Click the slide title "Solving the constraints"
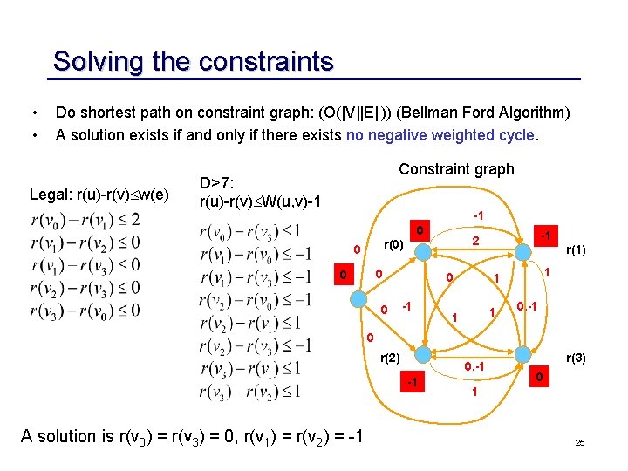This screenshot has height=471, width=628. coord(193,62)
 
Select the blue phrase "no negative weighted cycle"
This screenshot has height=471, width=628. coord(441,135)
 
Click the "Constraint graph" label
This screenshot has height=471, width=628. coord(456,169)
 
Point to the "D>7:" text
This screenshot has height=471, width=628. coord(218,184)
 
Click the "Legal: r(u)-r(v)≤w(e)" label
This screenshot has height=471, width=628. coord(99,194)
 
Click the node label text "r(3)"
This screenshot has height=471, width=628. coord(577,358)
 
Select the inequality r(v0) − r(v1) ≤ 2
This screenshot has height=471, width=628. coord(85,219)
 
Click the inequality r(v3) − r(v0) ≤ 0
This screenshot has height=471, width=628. coord(85,311)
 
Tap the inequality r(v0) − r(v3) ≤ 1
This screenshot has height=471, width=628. coord(250,231)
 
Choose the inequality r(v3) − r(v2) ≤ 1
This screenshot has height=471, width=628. coord(250,390)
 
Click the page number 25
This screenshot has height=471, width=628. coord(579,444)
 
